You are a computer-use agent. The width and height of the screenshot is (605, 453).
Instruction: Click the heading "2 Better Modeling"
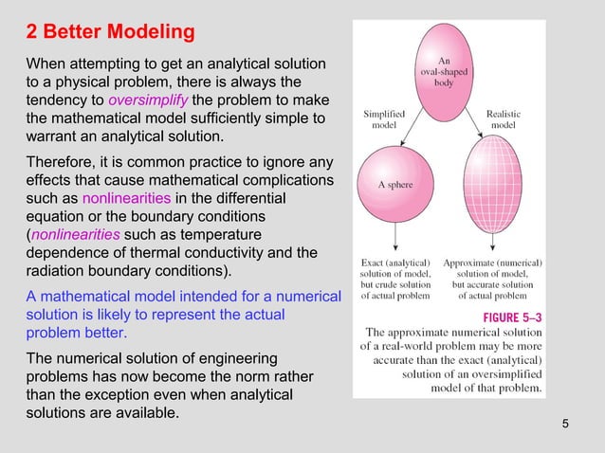pos(110,33)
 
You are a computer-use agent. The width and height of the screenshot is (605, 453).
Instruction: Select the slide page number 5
pos(566,423)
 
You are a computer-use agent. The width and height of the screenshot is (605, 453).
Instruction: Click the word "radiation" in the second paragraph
pos(56,271)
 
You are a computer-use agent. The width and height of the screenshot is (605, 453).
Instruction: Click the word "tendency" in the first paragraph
pos(64,101)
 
